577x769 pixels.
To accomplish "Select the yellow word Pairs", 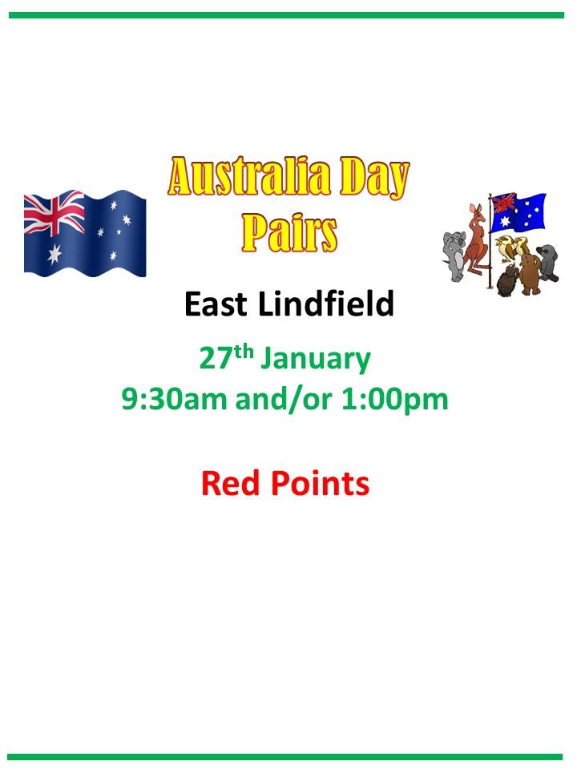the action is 289,233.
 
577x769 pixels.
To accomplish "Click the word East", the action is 216,304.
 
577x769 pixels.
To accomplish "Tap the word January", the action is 315,360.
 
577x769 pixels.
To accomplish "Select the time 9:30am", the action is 174,399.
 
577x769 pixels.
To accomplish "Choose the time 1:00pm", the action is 395,401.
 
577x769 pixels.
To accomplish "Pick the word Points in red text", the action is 321,484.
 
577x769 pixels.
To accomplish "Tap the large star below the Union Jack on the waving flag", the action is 54,254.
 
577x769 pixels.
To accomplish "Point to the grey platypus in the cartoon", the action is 547,263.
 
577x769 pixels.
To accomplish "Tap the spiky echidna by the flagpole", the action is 508,281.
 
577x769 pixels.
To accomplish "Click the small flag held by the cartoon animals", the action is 518,212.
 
